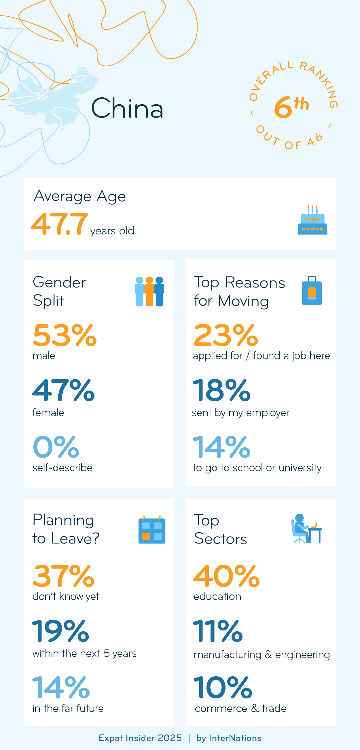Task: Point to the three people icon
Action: pos(149,291)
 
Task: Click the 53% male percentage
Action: pos(65,336)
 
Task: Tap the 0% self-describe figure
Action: pos(56,447)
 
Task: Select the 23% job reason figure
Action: pos(226,336)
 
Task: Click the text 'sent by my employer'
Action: pos(241,413)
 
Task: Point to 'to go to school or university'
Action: pos(257,468)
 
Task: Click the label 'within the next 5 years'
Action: pos(84,654)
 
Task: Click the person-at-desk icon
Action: pos(306,529)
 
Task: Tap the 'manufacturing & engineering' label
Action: pos(262,655)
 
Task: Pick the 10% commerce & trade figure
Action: pos(223,687)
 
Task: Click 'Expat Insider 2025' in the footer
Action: pos(140,738)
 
